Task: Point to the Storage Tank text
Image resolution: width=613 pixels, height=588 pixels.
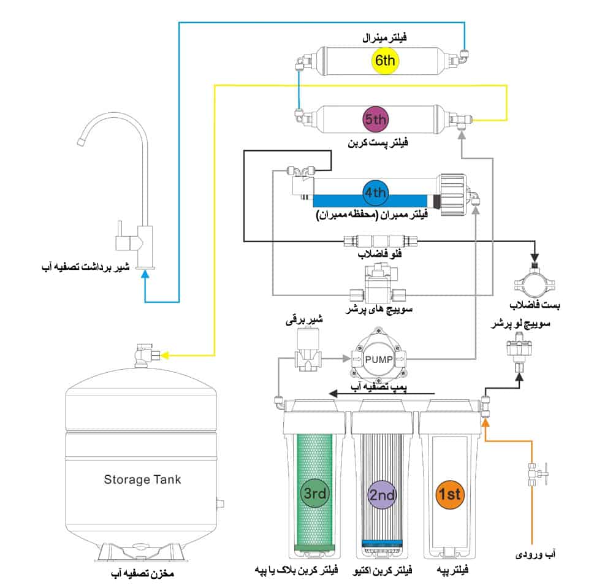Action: click(x=142, y=479)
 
